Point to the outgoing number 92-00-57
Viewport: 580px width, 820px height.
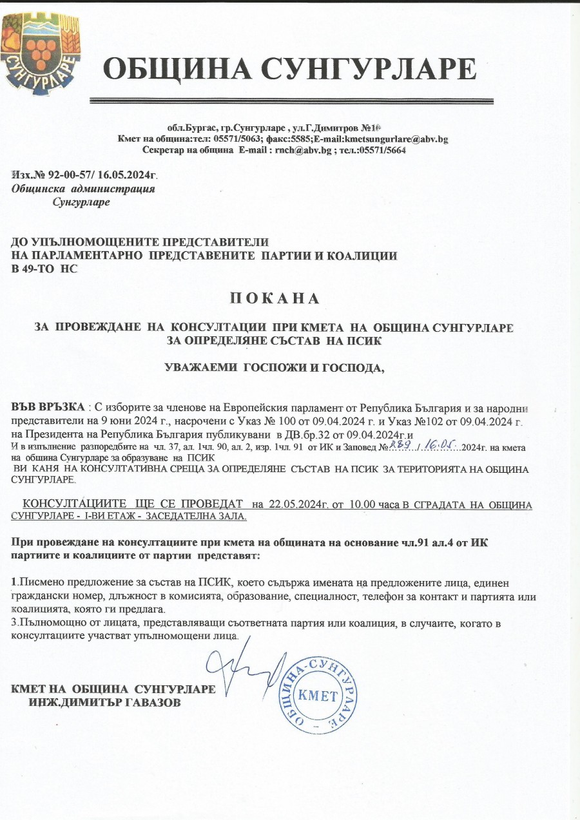[68, 175]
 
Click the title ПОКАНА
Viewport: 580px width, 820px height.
[275, 299]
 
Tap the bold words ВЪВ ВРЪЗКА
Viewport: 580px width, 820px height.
[48, 408]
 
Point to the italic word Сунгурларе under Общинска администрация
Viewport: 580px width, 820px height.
[83, 202]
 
